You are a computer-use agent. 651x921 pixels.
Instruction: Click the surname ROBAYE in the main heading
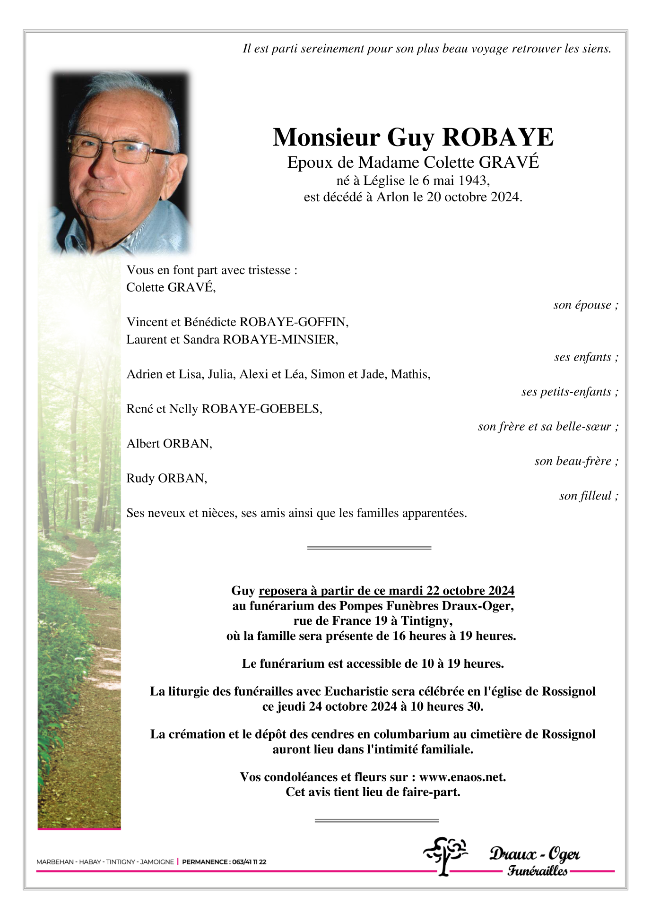click(497, 138)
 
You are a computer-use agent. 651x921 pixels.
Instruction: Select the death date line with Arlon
click(413, 197)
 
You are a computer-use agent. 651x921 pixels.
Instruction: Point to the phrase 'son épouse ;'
click(585, 305)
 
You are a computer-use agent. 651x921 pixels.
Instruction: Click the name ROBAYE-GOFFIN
click(294, 322)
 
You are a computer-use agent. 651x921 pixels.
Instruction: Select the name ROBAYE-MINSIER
click(280, 340)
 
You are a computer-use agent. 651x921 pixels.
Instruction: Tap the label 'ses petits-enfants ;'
click(569, 392)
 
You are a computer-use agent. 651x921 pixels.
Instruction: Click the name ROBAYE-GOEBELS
click(261, 409)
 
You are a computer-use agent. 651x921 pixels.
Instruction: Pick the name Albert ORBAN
click(169, 444)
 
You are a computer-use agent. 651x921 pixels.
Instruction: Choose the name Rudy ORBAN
click(166, 479)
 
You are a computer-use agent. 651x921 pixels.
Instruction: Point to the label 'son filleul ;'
click(588, 496)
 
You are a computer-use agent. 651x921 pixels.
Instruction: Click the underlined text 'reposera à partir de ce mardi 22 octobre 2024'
click(386, 591)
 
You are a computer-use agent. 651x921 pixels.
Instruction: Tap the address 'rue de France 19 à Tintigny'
click(373, 621)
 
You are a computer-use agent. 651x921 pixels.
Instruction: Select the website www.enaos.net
click(462, 777)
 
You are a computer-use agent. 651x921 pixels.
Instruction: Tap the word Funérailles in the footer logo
click(537, 870)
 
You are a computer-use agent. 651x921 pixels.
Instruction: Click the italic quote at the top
click(426, 49)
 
